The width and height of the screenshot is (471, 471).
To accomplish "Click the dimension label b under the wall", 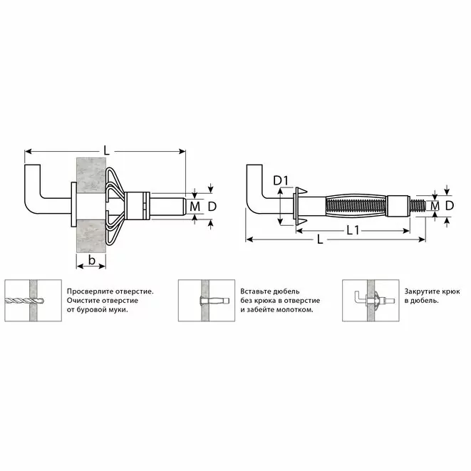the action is point(92,259).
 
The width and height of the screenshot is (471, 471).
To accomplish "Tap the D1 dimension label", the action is point(281,180).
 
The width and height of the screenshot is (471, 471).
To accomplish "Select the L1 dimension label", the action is point(353,230).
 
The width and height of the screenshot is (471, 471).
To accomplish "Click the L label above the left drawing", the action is point(106,150).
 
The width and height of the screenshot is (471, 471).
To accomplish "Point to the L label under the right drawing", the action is point(320,239).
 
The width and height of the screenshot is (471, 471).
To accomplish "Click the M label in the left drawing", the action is point(195,207).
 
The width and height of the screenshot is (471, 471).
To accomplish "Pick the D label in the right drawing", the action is point(449,205).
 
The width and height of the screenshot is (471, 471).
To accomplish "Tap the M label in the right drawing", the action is point(435,206).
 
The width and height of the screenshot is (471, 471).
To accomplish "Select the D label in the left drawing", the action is point(212,207).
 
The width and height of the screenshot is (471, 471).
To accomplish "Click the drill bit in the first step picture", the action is point(24,301).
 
